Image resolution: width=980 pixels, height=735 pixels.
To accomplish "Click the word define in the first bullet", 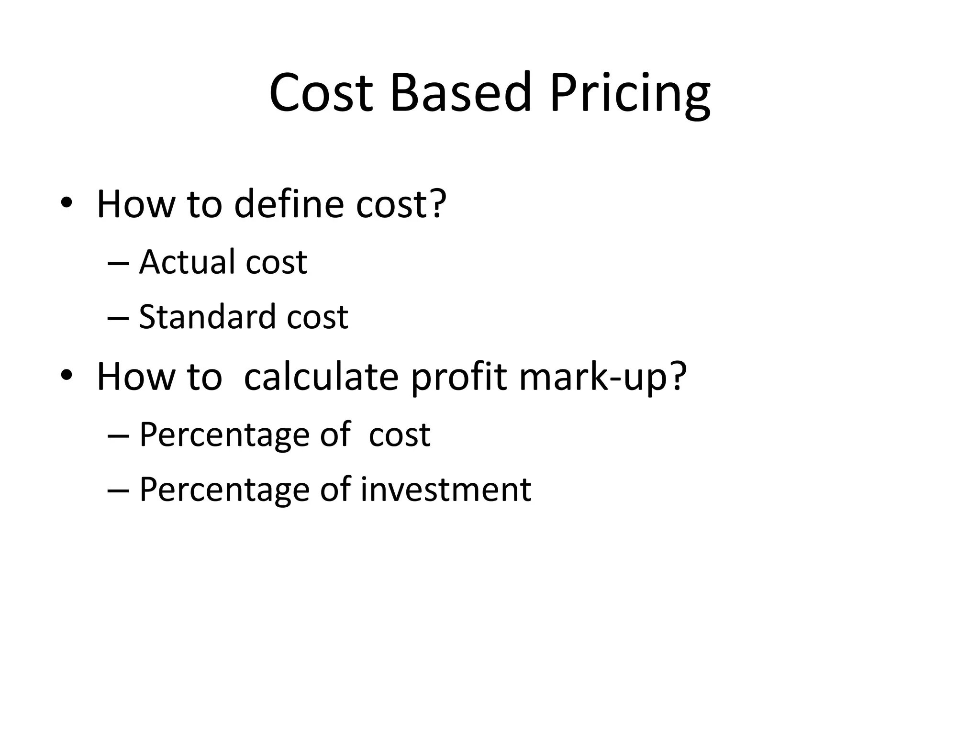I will pyautogui.click(x=289, y=204).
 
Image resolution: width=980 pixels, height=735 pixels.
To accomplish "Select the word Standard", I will pyautogui.click(x=207, y=317).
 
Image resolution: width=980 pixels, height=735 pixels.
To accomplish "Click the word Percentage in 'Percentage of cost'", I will pyautogui.click(x=224, y=435).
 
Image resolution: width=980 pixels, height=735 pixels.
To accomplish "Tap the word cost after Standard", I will pyautogui.click(x=317, y=317).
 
